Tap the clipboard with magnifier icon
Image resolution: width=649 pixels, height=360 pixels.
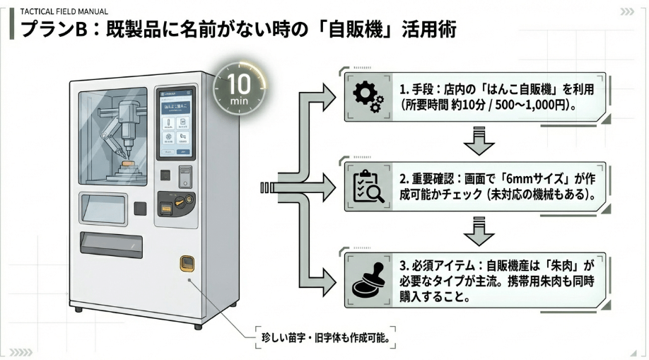[x=368, y=187]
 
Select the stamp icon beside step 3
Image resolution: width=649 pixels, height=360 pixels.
[x=368, y=278]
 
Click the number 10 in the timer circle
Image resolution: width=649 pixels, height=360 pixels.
[x=238, y=85]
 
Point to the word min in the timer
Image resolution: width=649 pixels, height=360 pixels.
[x=238, y=100]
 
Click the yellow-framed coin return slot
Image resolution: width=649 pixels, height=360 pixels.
[x=186, y=263]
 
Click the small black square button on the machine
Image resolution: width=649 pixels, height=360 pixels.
[x=140, y=207]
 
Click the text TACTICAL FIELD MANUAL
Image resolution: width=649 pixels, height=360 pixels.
[x=64, y=12]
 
